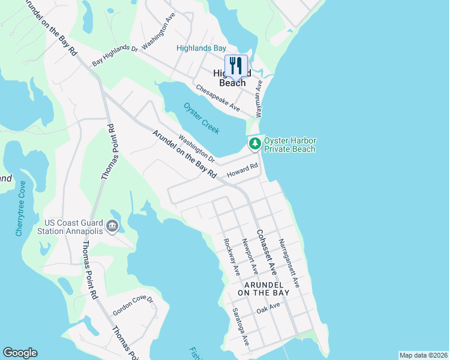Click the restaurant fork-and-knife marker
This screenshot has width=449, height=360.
pos(236,67)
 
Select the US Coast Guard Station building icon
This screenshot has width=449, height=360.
pos(112,226)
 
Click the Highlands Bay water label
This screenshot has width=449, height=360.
pos(201,48)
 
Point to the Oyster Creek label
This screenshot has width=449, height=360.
pos(202,119)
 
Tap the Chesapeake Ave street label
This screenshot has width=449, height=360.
pos(218,98)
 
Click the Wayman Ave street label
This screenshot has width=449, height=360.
pos(259,99)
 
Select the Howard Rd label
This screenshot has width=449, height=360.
pos(242,170)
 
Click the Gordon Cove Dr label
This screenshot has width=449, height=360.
pos(133,305)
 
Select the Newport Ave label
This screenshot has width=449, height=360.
pos(249,257)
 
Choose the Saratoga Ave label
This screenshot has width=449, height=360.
pos(241,326)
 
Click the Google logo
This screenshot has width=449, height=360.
pos(20,353)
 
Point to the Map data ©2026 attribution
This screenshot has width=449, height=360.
pos(423,355)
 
